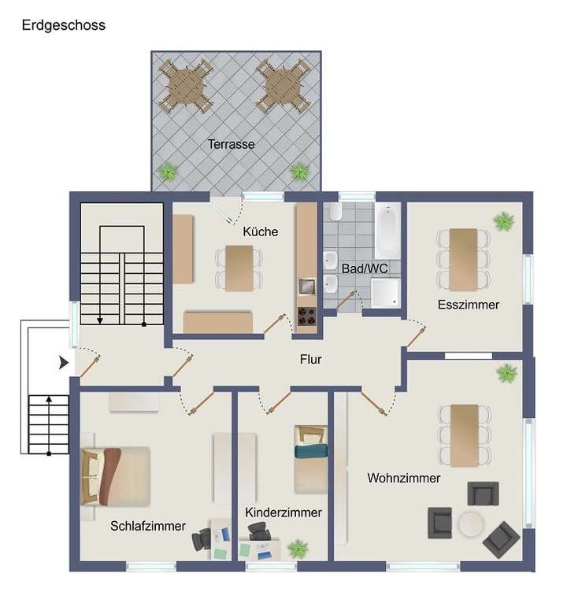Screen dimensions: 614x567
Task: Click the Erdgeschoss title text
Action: (63, 25)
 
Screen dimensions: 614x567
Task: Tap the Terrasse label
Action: (232, 144)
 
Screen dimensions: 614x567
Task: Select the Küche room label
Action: (260, 231)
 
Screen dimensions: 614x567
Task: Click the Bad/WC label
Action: (365, 268)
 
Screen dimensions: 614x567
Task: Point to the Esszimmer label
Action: (469, 304)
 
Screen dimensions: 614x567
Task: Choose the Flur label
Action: (311, 359)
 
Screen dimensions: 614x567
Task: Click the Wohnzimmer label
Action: (403, 478)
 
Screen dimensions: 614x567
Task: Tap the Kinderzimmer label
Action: (283, 512)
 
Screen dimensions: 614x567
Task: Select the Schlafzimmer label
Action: (148, 526)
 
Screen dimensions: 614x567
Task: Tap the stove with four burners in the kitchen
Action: (306, 319)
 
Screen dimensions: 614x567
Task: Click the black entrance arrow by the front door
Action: (64, 363)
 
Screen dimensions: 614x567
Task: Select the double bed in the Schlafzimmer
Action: (116, 475)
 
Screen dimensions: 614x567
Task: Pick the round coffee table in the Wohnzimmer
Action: (472, 523)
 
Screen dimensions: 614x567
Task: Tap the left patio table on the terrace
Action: (186, 84)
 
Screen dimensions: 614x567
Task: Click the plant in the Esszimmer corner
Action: (503, 222)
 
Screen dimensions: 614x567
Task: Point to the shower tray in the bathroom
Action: (387, 292)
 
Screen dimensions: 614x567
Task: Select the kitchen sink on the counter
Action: (306, 285)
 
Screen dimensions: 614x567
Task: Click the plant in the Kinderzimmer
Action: (298, 548)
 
